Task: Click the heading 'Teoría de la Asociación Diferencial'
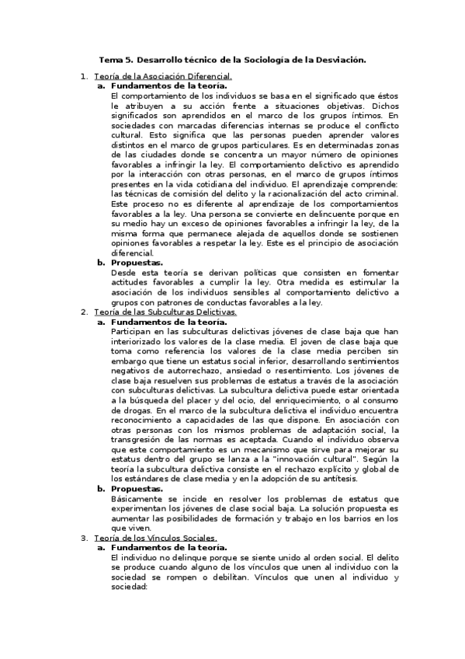(x=162, y=76)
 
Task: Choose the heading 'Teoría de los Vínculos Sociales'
(x=154, y=537)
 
